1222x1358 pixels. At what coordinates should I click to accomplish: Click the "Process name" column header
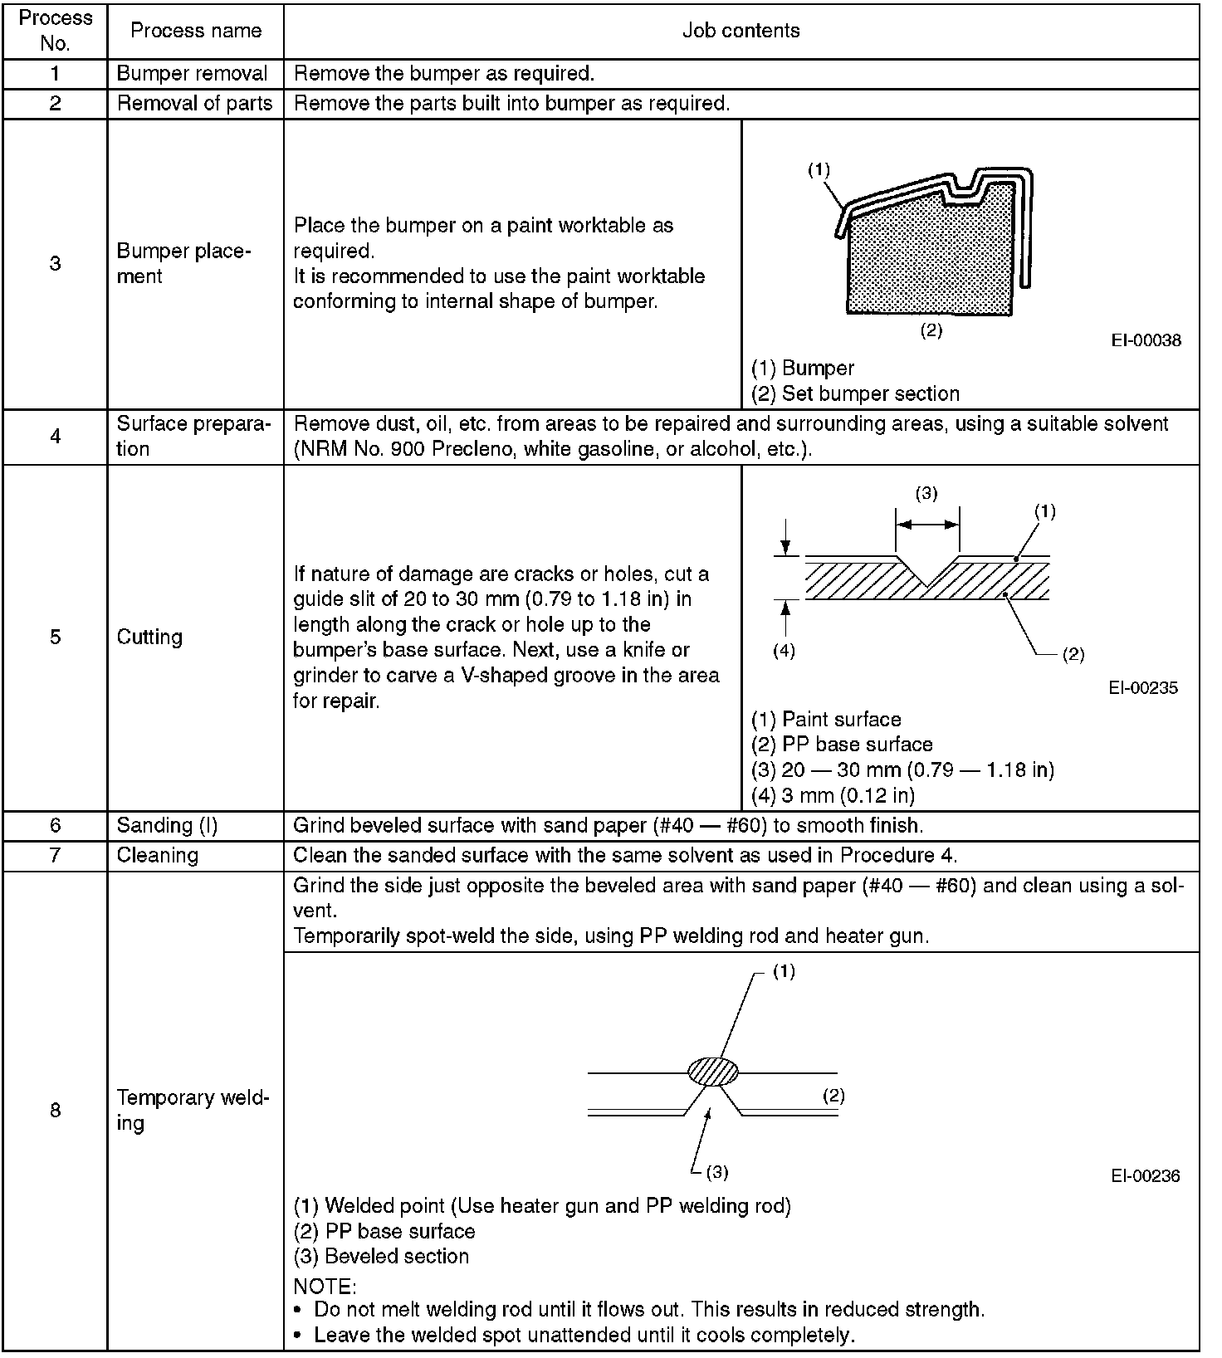(x=196, y=31)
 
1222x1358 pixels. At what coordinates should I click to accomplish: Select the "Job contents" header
(x=741, y=31)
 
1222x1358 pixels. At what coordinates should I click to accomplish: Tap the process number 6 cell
(x=55, y=825)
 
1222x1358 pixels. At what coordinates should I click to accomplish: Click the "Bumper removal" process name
(x=192, y=73)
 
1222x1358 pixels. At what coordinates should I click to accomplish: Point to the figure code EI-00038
(x=1146, y=340)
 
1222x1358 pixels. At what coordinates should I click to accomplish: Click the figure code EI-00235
(x=1142, y=688)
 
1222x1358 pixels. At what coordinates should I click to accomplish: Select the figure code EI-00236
(x=1145, y=1176)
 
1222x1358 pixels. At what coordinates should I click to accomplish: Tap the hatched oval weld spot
(x=713, y=1072)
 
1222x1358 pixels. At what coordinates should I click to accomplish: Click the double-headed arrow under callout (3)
(x=927, y=524)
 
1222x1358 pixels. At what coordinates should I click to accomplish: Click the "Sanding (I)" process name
(x=166, y=825)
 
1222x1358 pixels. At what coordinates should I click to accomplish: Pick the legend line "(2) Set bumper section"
(x=855, y=393)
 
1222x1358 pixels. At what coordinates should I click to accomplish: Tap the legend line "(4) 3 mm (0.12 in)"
(x=833, y=795)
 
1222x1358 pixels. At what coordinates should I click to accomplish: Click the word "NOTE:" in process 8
(x=325, y=1287)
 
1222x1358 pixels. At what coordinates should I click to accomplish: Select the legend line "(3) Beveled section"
(x=381, y=1256)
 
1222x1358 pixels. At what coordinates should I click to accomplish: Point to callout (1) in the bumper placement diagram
(x=819, y=170)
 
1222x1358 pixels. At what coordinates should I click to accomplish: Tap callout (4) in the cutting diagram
(x=784, y=652)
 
